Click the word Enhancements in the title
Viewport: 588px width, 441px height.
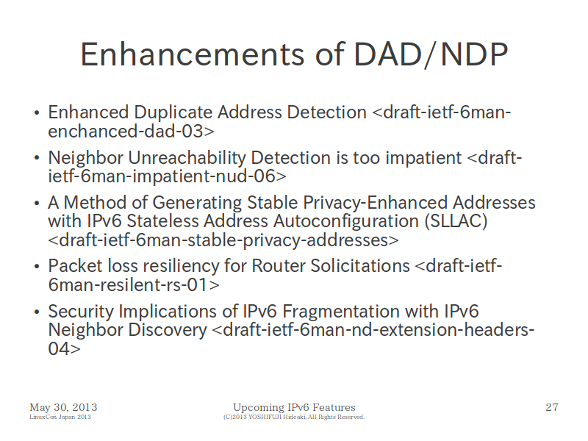tap(193, 54)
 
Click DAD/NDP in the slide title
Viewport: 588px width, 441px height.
tap(431, 54)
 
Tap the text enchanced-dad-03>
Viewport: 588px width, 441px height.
tap(132, 132)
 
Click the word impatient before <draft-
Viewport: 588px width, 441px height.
tap(423, 158)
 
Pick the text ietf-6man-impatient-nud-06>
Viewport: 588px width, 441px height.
tap(167, 176)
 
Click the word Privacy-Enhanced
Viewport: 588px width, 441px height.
tap(375, 203)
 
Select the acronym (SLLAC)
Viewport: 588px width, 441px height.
tap(456, 221)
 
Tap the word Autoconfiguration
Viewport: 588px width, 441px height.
tap(345, 221)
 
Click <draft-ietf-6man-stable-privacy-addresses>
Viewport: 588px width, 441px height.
tap(223, 240)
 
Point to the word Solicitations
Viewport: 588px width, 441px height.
tap(360, 266)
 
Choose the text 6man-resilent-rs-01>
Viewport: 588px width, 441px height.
tap(134, 285)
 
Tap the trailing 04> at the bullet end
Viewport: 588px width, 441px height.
tap(64, 348)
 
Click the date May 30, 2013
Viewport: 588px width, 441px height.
tap(63, 407)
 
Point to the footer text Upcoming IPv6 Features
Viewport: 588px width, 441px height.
tap(294, 407)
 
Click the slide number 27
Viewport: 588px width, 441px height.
tap(552, 407)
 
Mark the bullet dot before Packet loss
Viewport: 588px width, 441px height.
tap(36, 267)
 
